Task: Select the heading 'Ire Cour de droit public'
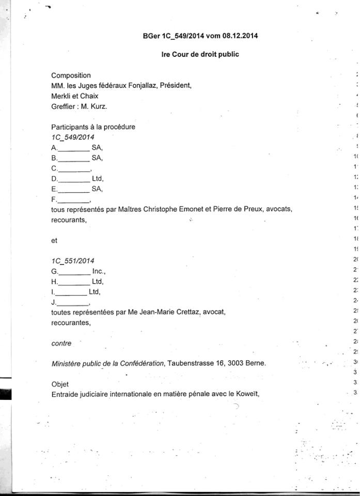tap(200, 54)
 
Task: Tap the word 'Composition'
tap(71, 75)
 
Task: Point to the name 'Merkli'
tap(61, 96)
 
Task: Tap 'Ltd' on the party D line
tap(98, 179)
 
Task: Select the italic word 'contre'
tap(61, 343)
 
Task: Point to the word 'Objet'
tap(60, 384)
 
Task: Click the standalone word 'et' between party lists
tap(54, 240)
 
